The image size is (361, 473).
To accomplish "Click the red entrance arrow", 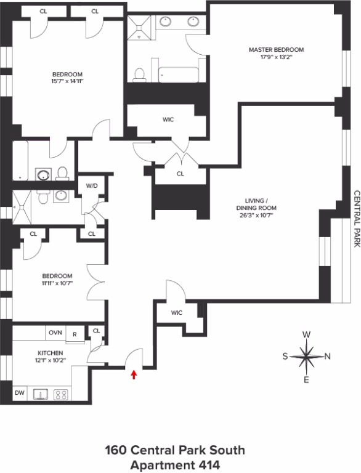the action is (x=134, y=374).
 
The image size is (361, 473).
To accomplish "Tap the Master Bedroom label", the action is (x=276, y=49).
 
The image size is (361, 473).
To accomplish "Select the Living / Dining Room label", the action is (x=256, y=204).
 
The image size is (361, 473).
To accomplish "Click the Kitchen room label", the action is (x=51, y=353).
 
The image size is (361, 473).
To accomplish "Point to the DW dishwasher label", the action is (x=20, y=393).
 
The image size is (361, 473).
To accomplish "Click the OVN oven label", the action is (x=55, y=333).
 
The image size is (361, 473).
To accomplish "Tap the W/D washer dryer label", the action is (x=92, y=185).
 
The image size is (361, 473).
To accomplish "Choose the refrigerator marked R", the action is (x=75, y=334).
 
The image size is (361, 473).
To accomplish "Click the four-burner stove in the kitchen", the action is (x=60, y=395).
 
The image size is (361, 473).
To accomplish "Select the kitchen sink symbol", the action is (x=41, y=394).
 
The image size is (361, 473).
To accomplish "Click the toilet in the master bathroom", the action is (x=139, y=75).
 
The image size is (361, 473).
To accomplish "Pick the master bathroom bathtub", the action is (x=179, y=75).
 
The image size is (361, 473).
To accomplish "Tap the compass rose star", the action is (x=306, y=356).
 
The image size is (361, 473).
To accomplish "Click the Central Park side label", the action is (x=357, y=219).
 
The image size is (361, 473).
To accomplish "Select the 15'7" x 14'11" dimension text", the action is (x=67, y=81).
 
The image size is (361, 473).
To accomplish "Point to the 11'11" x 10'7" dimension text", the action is (x=57, y=283).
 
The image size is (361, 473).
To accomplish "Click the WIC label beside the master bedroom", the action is (x=168, y=119).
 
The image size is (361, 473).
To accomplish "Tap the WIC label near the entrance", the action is (x=177, y=312).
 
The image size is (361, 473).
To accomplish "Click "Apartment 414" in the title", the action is (x=175, y=465).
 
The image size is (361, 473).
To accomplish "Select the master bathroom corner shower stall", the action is (x=139, y=28).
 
